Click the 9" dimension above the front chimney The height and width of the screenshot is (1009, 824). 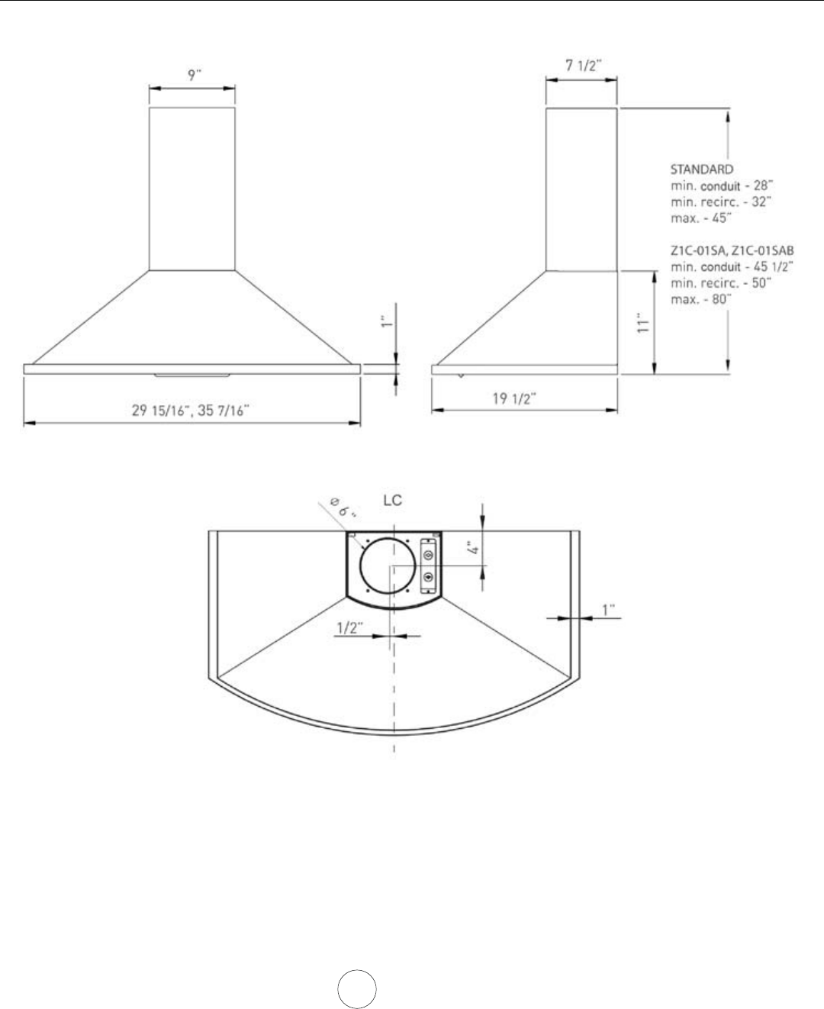coord(194,75)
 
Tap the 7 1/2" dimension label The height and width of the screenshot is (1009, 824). coord(584,65)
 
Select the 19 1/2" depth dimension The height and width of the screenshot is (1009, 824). coord(514,398)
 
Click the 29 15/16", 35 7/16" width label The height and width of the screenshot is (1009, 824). coord(190,410)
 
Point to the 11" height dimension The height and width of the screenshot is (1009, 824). coord(644,324)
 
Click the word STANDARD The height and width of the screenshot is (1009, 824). coord(702,169)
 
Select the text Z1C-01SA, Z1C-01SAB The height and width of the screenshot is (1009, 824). coord(732,250)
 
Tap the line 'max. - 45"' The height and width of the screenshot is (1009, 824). coord(701,218)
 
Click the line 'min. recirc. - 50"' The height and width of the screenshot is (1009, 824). coord(721,282)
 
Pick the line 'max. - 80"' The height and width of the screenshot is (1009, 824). coord(701,299)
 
